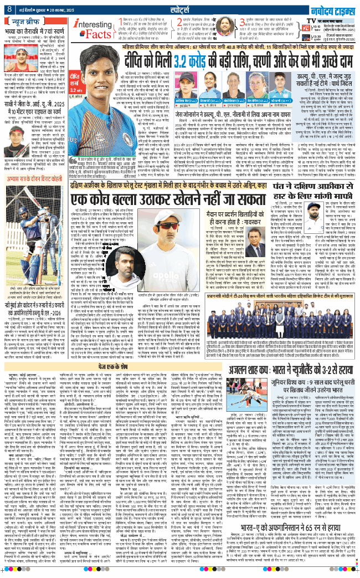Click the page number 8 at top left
coord(10,8)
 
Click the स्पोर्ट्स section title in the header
coord(180,8)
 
